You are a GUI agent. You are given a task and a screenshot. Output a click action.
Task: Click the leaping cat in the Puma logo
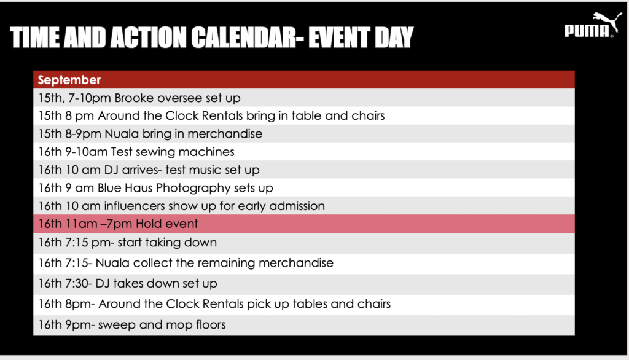[x=607, y=20]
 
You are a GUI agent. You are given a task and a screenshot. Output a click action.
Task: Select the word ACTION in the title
[x=149, y=37]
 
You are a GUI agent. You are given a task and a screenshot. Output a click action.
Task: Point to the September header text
[x=69, y=80]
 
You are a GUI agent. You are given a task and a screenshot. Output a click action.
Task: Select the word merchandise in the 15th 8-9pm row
[x=225, y=134]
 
